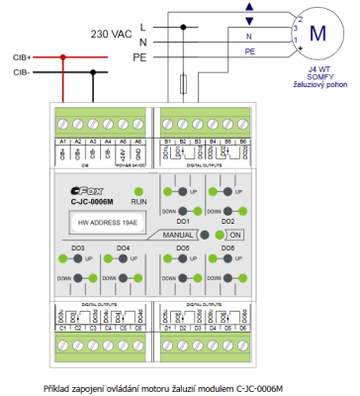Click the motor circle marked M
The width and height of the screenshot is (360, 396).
click(x=316, y=32)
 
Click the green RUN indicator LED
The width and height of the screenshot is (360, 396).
click(x=138, y=191)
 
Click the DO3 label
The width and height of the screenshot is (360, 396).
click(x=78, y=274)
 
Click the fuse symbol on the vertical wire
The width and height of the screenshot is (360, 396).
click(x=182, y=82)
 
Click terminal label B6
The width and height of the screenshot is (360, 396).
click(x=241, y=142)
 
